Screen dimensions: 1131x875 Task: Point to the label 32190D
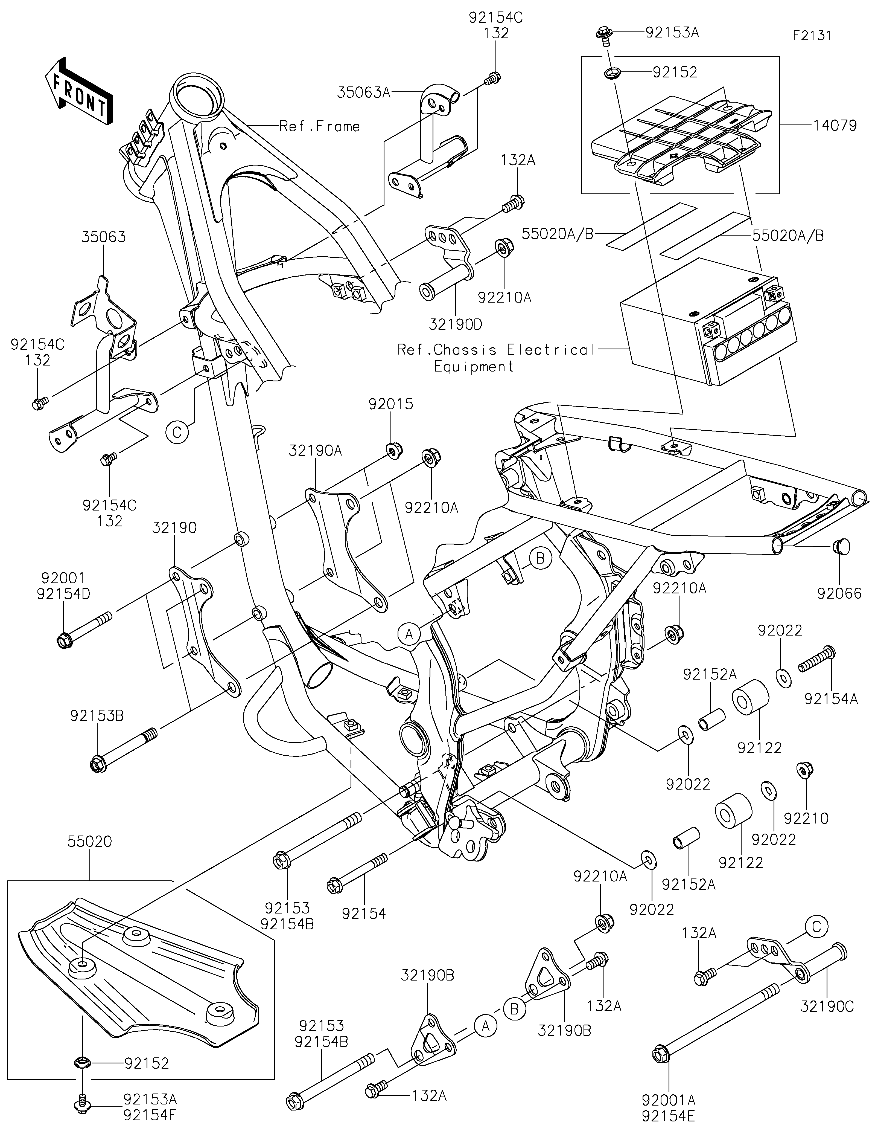[455, 325]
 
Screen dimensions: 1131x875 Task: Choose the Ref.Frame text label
[319, 126]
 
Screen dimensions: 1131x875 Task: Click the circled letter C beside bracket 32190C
[816, 926]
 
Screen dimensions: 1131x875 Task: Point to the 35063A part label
[363, 93]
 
